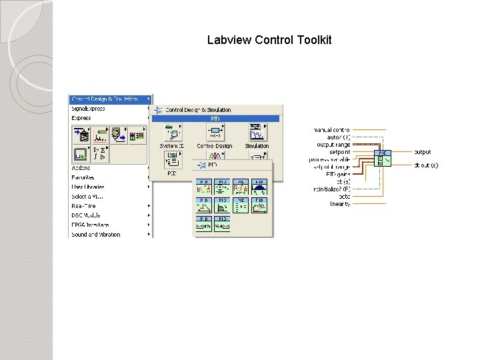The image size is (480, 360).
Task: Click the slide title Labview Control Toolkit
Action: point(269,40)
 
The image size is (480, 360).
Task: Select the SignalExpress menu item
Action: point(89,109)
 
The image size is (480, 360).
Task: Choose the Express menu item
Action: point(81,118)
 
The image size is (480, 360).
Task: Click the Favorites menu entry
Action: point(83,177)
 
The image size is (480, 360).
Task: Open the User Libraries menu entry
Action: point(88,187)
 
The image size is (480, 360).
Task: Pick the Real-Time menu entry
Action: point(84,206)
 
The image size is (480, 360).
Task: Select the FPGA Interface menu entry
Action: point(90,225)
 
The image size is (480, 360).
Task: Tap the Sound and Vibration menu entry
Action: point(96,235)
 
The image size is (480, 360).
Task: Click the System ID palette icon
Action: point(171,134)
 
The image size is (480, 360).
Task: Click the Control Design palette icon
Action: point(214,134)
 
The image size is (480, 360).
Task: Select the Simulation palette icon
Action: point(257,134)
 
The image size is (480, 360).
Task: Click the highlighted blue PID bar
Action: point(216,119)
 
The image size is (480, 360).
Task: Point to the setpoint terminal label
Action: point(339,152)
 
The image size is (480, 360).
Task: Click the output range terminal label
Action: point(333,145)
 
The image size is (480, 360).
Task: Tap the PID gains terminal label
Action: point(338,174)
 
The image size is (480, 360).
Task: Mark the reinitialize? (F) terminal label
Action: point(332,189)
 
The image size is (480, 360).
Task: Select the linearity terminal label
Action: point(340,204)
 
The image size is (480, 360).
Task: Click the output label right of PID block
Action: point(423,152)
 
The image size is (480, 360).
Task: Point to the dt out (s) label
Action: point(426,165)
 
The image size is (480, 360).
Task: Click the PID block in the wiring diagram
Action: point(384,158)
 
